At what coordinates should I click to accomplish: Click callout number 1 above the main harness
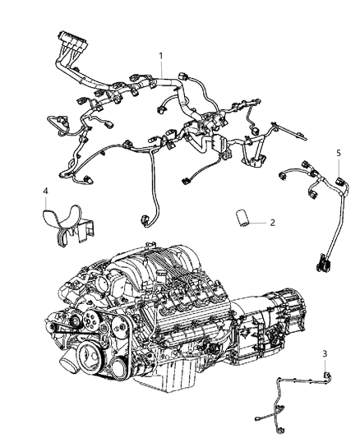coord(161,57)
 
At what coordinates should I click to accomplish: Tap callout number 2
coord(273,221)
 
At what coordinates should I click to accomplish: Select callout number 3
coord(325,354)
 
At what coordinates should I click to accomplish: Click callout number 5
coord(337,154)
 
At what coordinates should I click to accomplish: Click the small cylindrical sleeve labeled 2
coord(243,219)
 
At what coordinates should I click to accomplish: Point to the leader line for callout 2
coord(259,221)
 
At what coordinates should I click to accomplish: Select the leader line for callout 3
coord(325,365)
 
